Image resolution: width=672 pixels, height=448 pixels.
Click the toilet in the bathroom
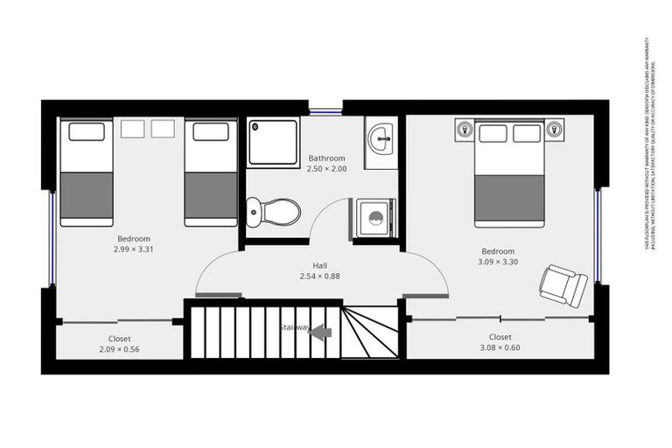click(274, 212)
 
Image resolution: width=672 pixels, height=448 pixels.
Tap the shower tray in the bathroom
click(274, 142)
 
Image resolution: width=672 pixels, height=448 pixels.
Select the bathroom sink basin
click(381, 138)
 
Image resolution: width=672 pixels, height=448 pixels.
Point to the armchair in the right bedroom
click(563, 285)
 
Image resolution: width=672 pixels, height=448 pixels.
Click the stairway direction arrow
click(320, 332)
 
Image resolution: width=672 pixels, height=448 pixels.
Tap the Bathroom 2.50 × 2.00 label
click(327, 164)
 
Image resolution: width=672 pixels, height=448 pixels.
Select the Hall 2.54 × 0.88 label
click(319, 270)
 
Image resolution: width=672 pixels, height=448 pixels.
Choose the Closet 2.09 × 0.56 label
click(120, 344)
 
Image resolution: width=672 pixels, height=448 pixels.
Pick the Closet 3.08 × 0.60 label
click(500, 341)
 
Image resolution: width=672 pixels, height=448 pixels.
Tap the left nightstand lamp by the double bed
click(465, 131)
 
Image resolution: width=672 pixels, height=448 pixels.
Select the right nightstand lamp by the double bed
click(554, 130)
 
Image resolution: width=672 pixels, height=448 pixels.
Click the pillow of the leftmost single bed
click(87, 132)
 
